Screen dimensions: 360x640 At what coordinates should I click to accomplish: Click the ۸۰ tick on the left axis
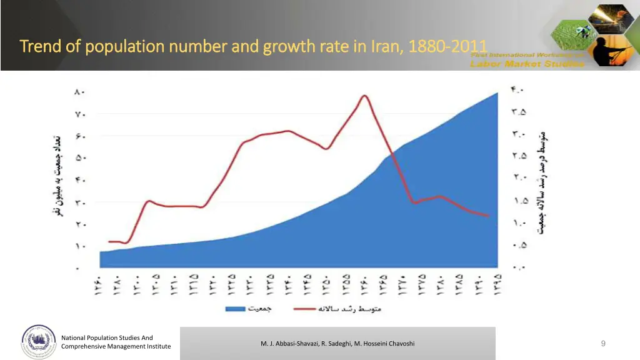(79, 92)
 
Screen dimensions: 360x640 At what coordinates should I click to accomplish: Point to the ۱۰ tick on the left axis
(79, 246)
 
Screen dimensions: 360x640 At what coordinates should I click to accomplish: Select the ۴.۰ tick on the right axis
(517, 90)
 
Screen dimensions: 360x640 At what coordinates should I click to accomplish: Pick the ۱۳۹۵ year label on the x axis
(498, 287)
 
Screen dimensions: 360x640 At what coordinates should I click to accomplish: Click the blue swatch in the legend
(234, 309)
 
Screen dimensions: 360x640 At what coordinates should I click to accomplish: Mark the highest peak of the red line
(363, 95)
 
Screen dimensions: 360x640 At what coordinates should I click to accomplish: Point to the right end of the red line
(488, 216)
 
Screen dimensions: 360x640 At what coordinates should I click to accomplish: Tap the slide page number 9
(602, 343)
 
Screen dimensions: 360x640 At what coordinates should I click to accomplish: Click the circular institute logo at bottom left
(39, 342)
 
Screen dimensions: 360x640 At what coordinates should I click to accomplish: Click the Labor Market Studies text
(527, 63)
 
